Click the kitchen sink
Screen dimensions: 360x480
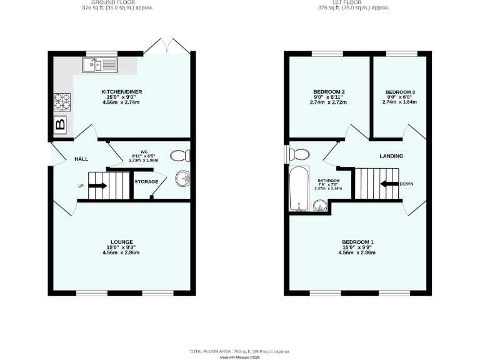coord(97,64)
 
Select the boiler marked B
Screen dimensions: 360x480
coord(61,124)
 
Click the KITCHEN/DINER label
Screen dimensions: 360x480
coord(122,92)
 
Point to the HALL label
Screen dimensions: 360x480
coord(81,159)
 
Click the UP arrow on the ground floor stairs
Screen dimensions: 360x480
coord(97,186)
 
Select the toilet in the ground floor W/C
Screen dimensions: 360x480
coord(179,156)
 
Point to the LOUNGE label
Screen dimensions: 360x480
coord(122,242)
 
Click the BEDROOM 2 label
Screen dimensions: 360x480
coord(329,92)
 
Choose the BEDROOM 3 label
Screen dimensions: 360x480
coord(400,92)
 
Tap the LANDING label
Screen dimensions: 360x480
coord(391,156)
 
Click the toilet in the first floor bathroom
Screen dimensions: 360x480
coord(300,154)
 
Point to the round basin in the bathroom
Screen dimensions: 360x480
coord(319,205)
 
